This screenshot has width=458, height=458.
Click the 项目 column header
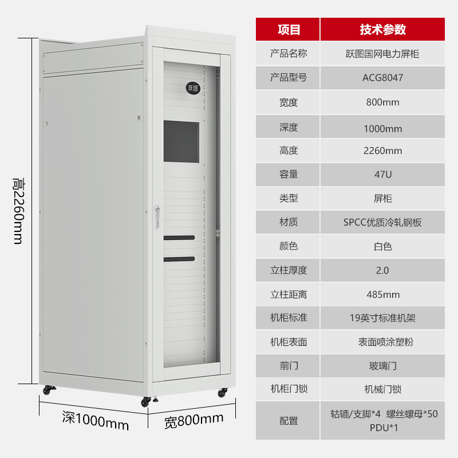[x=289, y=30]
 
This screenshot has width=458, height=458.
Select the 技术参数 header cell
[x=382, y=30]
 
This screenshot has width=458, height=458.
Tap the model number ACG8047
[x=382, y=78]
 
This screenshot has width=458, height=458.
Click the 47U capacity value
[x=382, y=175]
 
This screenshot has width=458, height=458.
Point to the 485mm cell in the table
[x=383, y=294]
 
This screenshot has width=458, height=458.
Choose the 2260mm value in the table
[x=382, y=151]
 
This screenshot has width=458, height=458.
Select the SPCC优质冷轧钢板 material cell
[x=382, y=223]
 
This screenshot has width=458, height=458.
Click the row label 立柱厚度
[x=289, y=270]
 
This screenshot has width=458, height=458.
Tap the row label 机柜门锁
[x=289, y=389]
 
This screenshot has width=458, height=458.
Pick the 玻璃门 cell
[x=382, y=366]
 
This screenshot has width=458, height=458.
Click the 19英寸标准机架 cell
[x=382, y=318]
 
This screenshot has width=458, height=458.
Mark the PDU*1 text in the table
[x=384, y=428]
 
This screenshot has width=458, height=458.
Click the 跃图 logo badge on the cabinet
[x=193, y=88]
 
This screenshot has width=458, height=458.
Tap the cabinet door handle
[x=157, y=216]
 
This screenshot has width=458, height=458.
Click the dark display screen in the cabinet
[x=181, y=141]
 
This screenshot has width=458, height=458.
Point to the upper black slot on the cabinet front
[x=179, y=238]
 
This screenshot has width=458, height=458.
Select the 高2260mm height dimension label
[x=19, y=211]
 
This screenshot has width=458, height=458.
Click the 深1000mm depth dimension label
[x=96, y=421]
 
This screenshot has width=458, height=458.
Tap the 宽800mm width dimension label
[x=194, y=421]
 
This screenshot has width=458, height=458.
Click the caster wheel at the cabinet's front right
[x=222, y=392]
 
